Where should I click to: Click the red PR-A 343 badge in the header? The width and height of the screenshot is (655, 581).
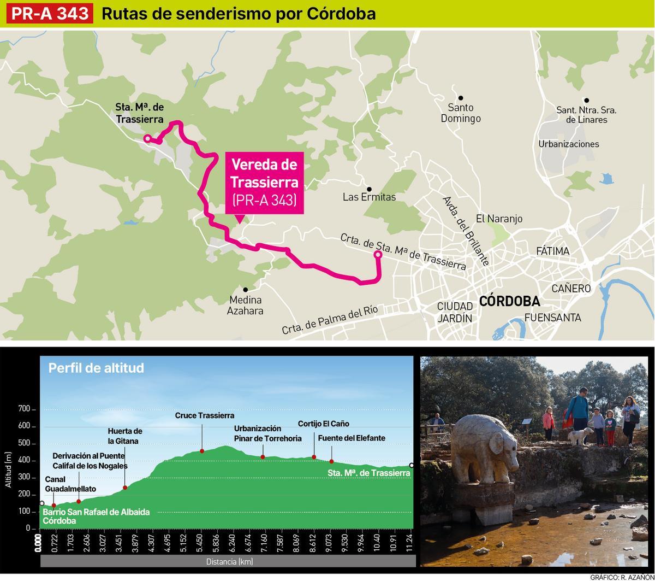click(x=50, y=13)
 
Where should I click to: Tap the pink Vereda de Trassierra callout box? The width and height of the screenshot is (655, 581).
click(x=265, y=182)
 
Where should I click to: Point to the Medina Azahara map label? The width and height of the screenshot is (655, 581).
click(x=245, y=305)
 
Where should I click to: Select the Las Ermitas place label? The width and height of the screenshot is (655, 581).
click(x=369, y=197)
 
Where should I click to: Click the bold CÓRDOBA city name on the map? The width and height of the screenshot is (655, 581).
click(x=509, y=301)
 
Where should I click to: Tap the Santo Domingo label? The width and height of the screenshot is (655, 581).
click(x=461, y=113)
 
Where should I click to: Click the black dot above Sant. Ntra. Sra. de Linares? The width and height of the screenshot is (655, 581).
click(x=586, y=101)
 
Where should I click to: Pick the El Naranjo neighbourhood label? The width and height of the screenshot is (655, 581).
click(x=499, y=219)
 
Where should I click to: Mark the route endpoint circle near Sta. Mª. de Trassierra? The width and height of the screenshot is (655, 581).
click(x=147, y=139)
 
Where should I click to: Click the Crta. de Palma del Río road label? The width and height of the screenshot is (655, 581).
click(x=330, y=320)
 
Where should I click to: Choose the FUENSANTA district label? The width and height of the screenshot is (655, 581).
click(x=552, y=318)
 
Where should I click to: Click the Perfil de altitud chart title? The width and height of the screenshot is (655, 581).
click(x=96, y=368)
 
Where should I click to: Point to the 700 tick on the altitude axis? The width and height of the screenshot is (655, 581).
click(x=24, y=409)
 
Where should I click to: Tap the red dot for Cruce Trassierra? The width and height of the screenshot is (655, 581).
click(x=202, y=451)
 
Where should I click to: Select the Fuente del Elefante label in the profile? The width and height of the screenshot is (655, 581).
click(x=352, y=438)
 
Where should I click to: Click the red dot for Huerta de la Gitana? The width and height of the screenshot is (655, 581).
click(x=125, y=488)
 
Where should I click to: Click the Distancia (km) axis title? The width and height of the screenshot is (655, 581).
click(x=229, y=561)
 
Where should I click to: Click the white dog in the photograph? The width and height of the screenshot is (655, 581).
click(x=577, y=435)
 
